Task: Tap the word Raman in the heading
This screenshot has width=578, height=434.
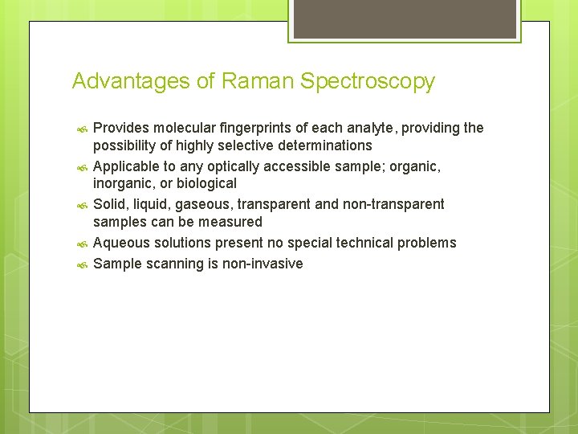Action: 251,81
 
